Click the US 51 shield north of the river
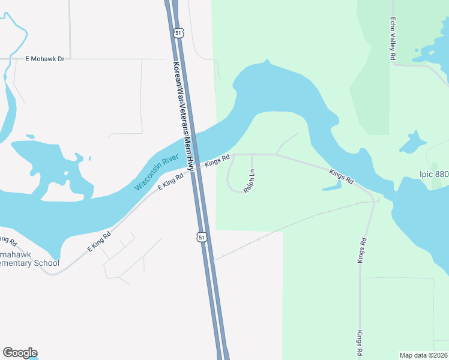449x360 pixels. [178, 33]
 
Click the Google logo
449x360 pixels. [20, 353]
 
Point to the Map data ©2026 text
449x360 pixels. [423, 355]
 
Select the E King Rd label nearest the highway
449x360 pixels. [170, 182]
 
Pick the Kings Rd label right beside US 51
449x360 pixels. [217, 160]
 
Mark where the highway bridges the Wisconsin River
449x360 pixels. [193, 144]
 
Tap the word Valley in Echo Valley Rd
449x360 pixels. [393, 38]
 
